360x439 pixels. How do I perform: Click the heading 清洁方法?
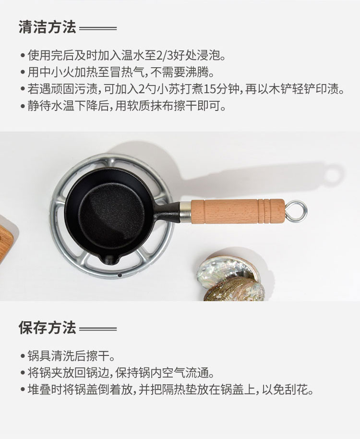(x=47, y=27)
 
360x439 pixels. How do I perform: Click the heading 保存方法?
(x=47, y=327)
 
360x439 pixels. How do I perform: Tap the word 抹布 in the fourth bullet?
(x=162, y=106)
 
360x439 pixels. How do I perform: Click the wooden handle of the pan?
(x=237, y=211)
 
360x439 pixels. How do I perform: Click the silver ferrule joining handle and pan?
(x=185, y=211)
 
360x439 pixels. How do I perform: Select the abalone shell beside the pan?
(x=231, y=280)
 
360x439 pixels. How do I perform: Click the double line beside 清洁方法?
(x=97, y=28)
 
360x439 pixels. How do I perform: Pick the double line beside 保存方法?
(x=97, y=329)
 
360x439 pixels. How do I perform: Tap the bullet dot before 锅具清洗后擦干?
(x=23, y=356)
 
